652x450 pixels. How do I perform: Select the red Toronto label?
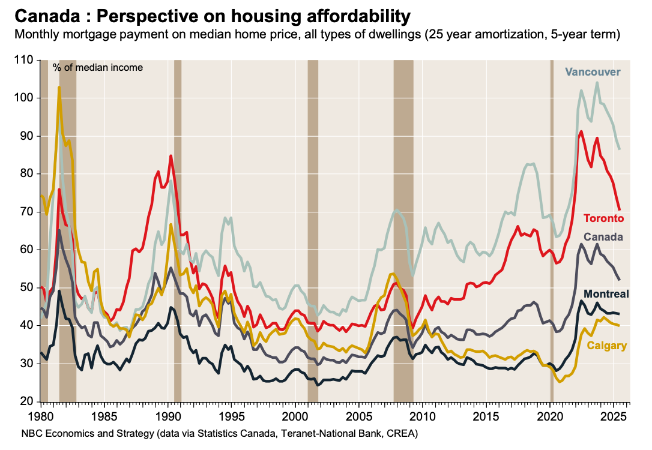click(604, 218)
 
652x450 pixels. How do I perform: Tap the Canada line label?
click(603, 237)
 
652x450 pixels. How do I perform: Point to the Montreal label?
click(606, 293)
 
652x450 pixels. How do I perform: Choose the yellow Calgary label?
click(607, 345)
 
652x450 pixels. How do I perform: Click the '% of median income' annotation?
click(98, 67)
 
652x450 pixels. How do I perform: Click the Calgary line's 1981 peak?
click(59, 88)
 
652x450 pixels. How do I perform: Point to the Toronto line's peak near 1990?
click(171, 156)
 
